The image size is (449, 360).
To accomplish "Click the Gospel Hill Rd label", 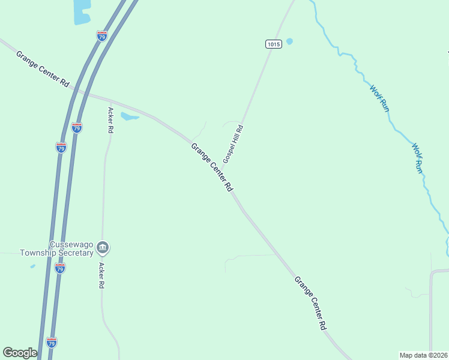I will coord(233,144).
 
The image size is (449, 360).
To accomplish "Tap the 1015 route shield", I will coord(273,44).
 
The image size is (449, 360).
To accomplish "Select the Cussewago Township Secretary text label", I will coord(56,249).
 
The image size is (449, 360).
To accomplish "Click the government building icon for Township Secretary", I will coord(103,247).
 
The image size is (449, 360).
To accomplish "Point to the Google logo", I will coord(20,353).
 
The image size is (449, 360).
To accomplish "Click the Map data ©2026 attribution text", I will coord(423,355).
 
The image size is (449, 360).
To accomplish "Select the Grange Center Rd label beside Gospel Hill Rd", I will coord(212,167).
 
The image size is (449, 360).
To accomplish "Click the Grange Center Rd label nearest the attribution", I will coord(310,303).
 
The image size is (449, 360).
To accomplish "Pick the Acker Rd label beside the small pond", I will coord(110,120).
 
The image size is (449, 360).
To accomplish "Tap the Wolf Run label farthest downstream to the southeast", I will coord(417,158).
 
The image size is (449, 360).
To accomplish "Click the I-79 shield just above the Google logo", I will coord(52,343).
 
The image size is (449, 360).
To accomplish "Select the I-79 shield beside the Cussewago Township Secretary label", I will coord(59,269).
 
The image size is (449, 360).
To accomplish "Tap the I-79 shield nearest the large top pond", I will coord(102,36).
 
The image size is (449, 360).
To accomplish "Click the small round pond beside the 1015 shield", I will coord(289,41).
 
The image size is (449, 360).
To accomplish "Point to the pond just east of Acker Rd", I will coord(129,116).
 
